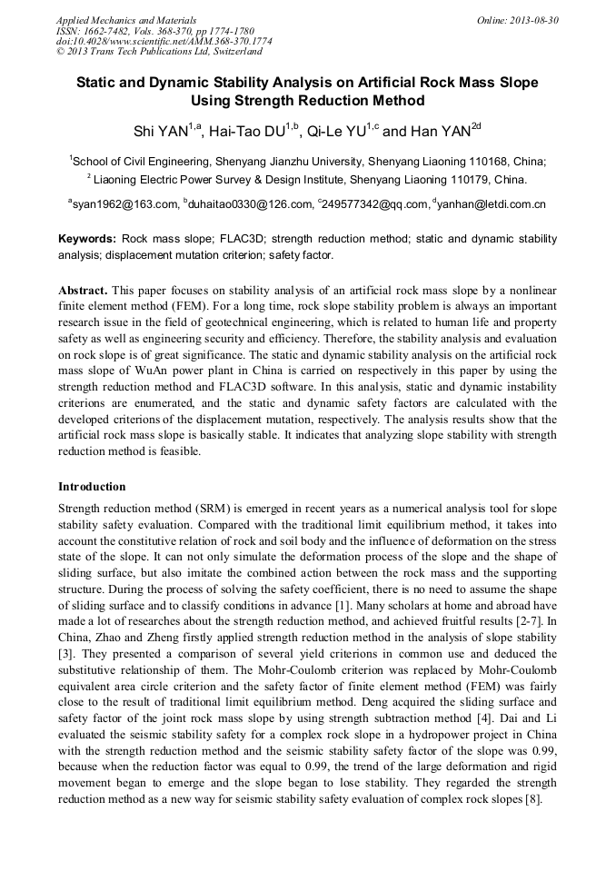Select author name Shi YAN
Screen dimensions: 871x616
pos(160,132)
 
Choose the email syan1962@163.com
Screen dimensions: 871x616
pos(126,204)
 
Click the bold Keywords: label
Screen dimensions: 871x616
pos(86,239)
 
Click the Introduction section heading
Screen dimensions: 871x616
pos(92,487)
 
